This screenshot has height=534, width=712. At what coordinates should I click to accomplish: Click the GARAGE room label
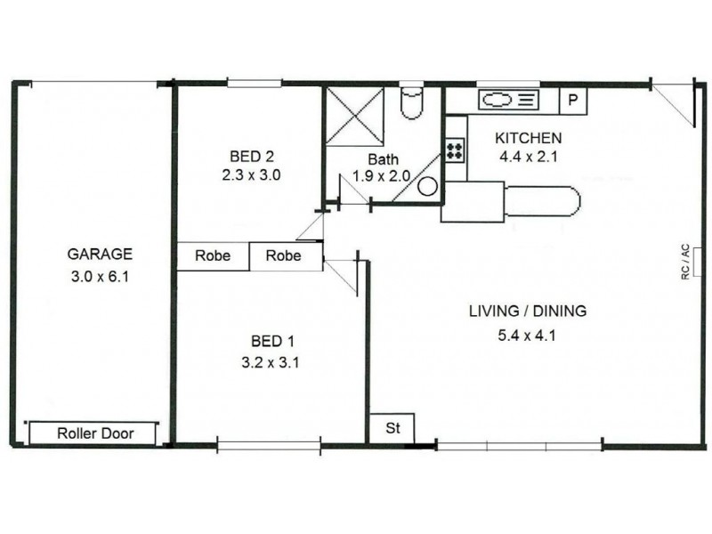(100, 253)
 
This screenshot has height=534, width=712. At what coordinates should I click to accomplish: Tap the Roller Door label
(95, 434)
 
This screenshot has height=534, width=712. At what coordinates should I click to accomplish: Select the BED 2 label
(251, 152)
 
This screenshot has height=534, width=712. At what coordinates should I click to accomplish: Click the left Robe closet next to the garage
(213, 256)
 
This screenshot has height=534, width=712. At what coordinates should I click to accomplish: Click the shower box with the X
(354, 117)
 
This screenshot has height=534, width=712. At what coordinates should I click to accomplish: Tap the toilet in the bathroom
(413, 103)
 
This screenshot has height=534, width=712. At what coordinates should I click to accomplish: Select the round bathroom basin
(428, 187)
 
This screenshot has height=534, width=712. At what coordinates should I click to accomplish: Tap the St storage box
(392, 428)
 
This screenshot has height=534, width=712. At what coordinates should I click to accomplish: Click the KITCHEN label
(528, 138)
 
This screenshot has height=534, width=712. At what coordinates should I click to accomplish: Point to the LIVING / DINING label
(528, 311)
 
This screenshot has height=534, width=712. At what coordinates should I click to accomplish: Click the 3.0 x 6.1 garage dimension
(100, 277)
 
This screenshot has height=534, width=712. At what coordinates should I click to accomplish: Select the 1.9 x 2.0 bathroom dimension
(381, 176)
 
